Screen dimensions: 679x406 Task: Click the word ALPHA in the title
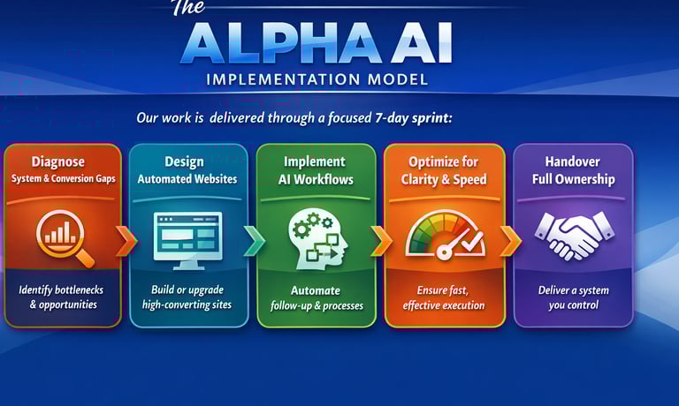coord(279,43)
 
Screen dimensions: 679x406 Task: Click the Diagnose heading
coord(58,162)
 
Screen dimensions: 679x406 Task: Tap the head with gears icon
coord(318,238)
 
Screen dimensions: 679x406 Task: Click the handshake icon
coord(574,236)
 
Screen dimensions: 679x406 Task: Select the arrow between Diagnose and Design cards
coord(126,240)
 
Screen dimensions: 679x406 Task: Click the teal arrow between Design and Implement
coord(255,240)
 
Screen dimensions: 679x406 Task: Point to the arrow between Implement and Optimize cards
coord(382,240)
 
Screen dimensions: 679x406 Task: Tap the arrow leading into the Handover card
coord(510,240)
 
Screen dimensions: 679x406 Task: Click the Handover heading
coord(573,162)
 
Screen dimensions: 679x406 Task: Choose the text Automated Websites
coord(187,179)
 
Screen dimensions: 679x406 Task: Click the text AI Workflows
coord(316,179)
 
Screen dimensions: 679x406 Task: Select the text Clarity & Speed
coord(444,179)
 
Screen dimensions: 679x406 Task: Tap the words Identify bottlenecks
coord(61,289)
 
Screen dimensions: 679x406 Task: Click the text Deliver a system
coord(573,290)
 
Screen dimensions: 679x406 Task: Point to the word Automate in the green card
coord(316,290)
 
